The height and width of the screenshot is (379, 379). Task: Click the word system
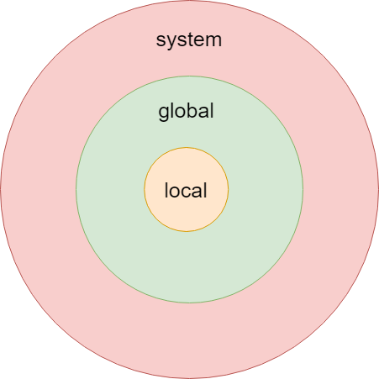click(x=189, y=40)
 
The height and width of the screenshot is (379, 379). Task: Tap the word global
click(x=186, y=111)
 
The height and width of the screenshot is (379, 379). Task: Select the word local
click(x=186, y=190)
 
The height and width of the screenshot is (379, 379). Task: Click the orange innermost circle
click(x=187, y=213)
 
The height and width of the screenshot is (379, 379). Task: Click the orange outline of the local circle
click(x=187, y=231)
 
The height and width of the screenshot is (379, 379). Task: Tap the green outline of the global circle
click(x=189, y=303)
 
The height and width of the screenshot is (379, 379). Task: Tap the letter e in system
click(x=197, y=40)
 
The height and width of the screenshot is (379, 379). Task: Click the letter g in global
click(x=163, y=113)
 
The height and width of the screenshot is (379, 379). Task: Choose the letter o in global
click(x=179, y=112)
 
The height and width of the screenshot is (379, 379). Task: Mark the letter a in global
click(x=203, y=112)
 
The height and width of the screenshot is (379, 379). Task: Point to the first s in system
click(x=161, y=40)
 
